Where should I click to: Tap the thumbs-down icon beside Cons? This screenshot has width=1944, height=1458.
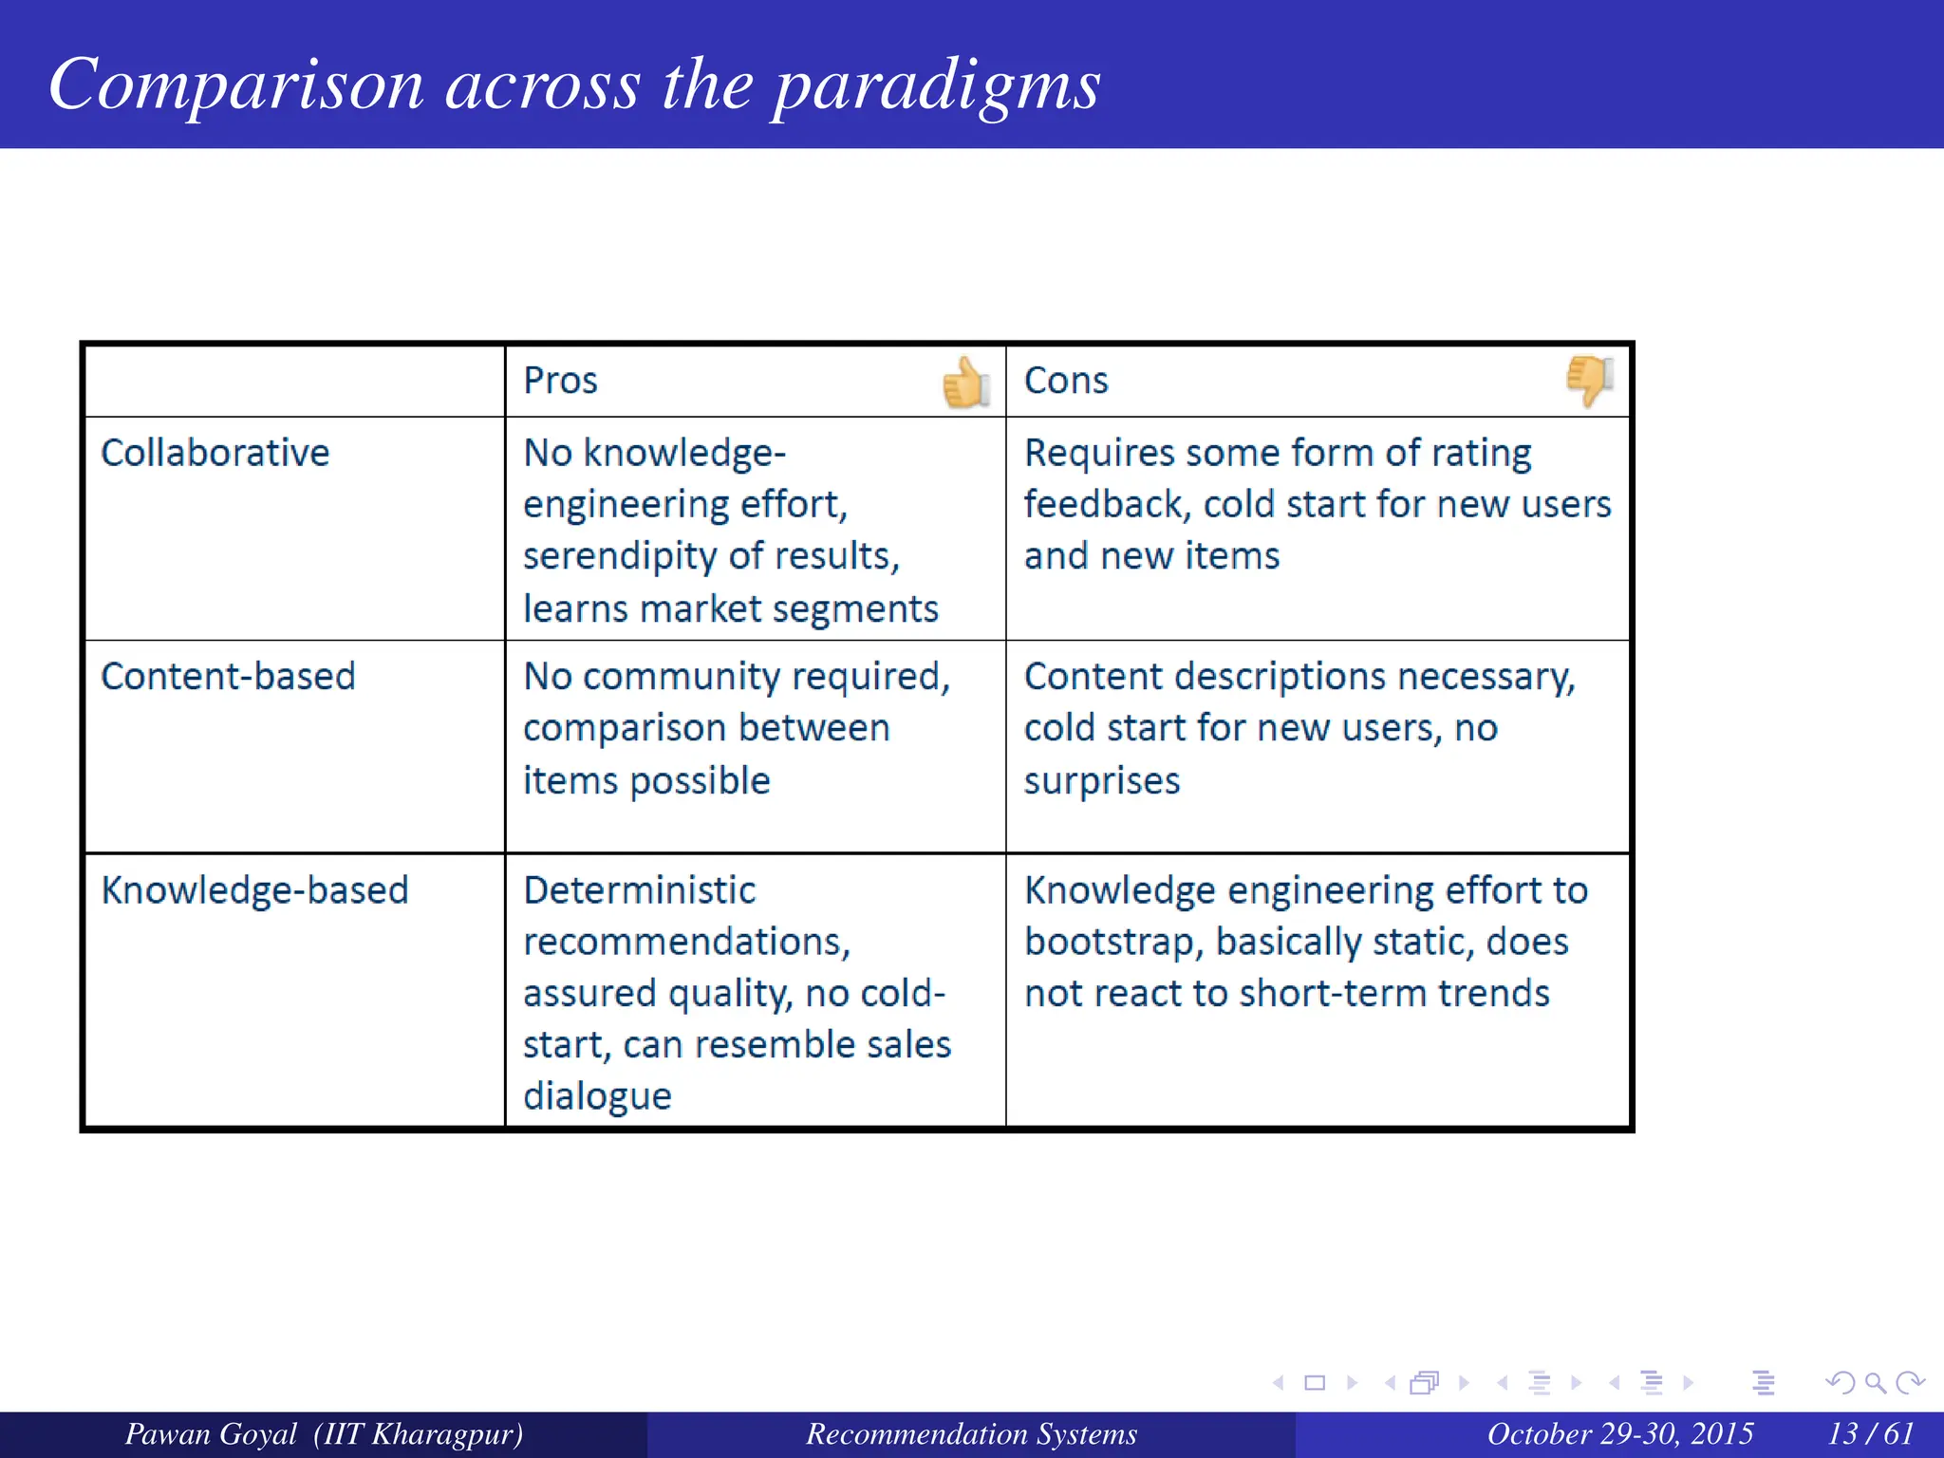pos(1589,380)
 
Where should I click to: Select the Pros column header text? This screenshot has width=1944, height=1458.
pos(560,381)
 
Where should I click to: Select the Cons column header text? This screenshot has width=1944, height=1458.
pos(1065,381)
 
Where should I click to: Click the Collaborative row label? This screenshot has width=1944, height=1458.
pos(215,453)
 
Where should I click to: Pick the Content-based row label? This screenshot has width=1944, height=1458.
pos(228,677)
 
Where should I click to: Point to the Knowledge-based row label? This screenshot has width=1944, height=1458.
pos(254,890)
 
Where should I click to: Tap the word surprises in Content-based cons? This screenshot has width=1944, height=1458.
pos(1101,781)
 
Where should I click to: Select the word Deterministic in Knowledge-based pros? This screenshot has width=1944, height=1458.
pos(639,890)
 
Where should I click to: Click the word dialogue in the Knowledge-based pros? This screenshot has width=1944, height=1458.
pos(597,1096)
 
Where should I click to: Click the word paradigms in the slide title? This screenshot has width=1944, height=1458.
pos(935,85)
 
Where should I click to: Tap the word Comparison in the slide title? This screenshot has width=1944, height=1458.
pos(235,85)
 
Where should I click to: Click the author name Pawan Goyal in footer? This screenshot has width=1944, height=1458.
pos(211,1433)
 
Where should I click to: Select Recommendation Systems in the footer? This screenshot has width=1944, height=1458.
pos(971,1433)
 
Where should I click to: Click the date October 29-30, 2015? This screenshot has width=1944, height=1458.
pos(1619,1433)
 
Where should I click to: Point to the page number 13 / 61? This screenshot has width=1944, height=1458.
pos(1870,1433)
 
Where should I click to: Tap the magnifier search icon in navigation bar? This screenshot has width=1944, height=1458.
pos(1875,1383)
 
